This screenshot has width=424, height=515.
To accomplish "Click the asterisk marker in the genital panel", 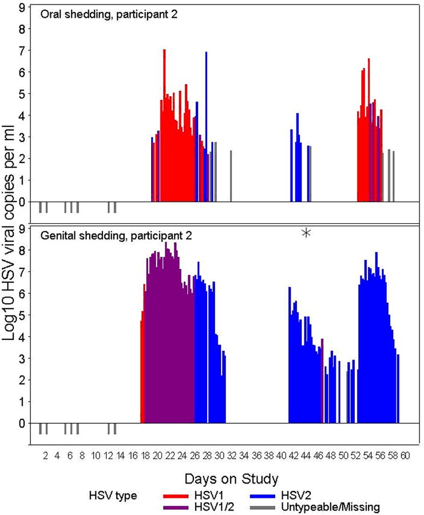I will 307,232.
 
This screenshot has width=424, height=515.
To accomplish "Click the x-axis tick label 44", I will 306,455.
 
